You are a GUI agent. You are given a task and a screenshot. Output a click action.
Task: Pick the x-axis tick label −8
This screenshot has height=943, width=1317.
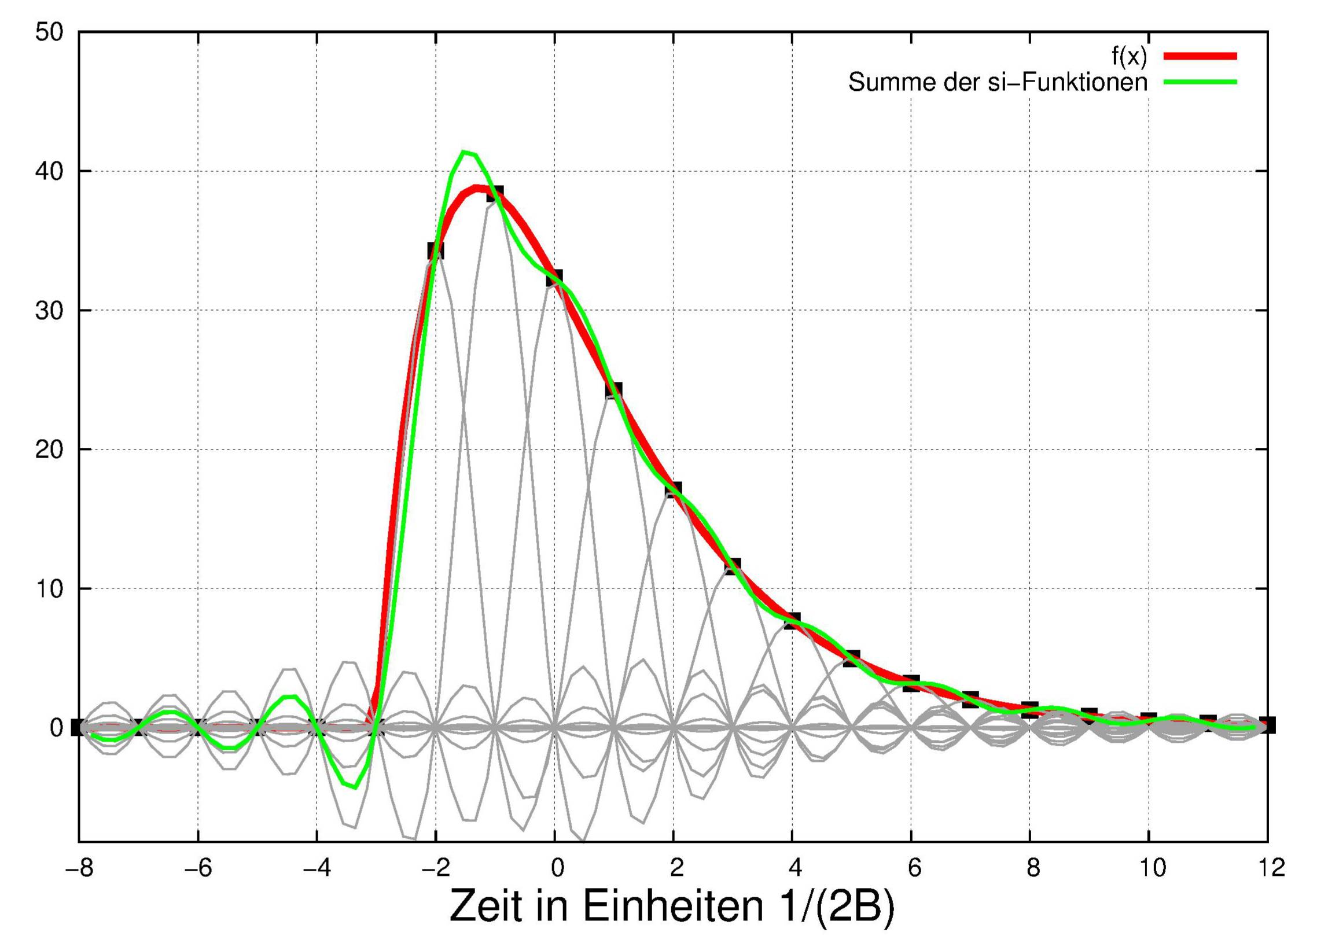pyautogui.click(x=79, y=868)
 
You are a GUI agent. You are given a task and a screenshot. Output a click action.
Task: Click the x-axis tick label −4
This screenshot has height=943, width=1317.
pyautogui.click(x=317, y=868)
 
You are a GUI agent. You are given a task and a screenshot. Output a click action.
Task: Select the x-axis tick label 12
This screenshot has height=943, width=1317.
pyautogui.click(x=1268, y=868)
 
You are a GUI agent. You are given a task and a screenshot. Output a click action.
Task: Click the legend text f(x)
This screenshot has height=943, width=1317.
pyautogui.click(x=1129, y=56)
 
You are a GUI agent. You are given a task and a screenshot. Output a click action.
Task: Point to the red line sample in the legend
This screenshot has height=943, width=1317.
pyautogui.click(x=1200, y=56)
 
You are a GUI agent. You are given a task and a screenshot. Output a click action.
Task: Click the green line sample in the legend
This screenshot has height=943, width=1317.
pyautogui.click(x=1200, y=82)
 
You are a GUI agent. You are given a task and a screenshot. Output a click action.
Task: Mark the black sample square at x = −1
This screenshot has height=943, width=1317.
pyautogui.click(x=495, y=194)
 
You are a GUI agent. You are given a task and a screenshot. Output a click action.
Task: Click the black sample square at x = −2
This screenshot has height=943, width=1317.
pyautogui.click(x=436, y=251)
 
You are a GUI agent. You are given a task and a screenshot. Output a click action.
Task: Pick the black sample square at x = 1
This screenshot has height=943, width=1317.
pyautogui.click(x=614, y=390)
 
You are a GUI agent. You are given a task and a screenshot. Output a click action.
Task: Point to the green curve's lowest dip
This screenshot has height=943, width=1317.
pyautogui.click(x=355, y=787)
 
